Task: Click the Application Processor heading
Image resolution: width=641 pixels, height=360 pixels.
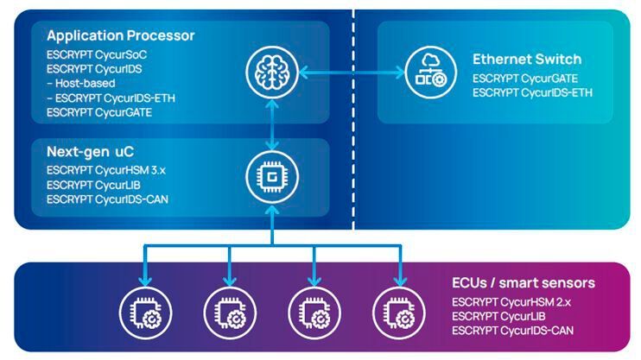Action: coord(120,36)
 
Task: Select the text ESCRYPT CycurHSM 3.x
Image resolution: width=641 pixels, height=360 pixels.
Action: coord(105,170)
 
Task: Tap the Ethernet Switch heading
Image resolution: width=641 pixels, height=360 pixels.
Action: coord(526,60)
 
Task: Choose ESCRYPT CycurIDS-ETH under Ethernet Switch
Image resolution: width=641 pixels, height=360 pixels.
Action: coord(532,93)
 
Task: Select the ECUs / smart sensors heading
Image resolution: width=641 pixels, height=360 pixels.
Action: coord(524,283)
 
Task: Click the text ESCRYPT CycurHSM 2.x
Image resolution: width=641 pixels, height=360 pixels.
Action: coord(513,302)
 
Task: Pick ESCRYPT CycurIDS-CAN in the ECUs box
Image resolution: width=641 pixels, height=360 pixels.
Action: coord(513,331)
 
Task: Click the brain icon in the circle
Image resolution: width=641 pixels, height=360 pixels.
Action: coord(272,68)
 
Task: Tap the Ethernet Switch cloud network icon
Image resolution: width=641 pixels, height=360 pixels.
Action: coord(428,68)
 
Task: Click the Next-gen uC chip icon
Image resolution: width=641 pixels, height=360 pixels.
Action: coord(272,178)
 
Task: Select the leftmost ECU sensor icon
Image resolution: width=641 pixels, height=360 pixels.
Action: coord(145,311)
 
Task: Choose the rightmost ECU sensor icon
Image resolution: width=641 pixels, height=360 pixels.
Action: coord(398,311)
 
